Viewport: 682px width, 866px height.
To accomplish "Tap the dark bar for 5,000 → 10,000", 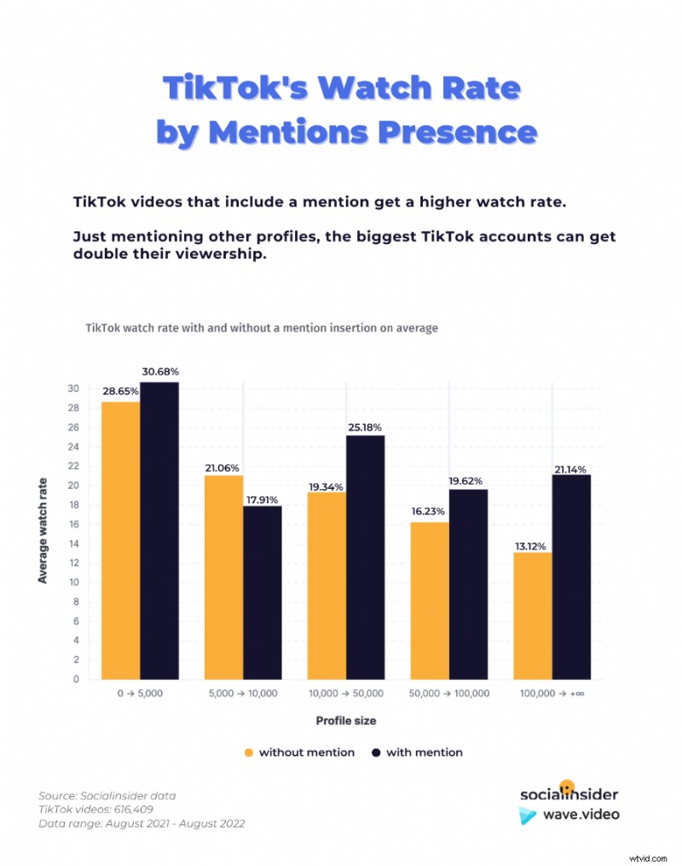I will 262,592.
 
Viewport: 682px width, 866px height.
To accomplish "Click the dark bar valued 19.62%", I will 468,584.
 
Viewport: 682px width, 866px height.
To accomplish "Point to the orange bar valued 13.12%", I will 532,615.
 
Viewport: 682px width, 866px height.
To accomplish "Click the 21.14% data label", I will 571,468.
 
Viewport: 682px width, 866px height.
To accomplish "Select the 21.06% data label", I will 223,468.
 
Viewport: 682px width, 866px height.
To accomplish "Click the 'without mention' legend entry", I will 298,753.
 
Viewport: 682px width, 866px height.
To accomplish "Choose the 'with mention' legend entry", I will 417,753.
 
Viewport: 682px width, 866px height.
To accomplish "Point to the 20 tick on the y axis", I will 74,485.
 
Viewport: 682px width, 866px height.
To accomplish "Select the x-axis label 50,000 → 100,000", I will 449,694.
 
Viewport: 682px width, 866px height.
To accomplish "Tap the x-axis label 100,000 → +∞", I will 552,694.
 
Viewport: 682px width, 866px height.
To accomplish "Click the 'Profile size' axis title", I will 346,721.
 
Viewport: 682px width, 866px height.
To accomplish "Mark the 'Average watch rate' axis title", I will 43,530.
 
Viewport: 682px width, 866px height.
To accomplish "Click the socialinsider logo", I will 569,793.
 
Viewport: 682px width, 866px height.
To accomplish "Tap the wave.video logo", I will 569,815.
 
